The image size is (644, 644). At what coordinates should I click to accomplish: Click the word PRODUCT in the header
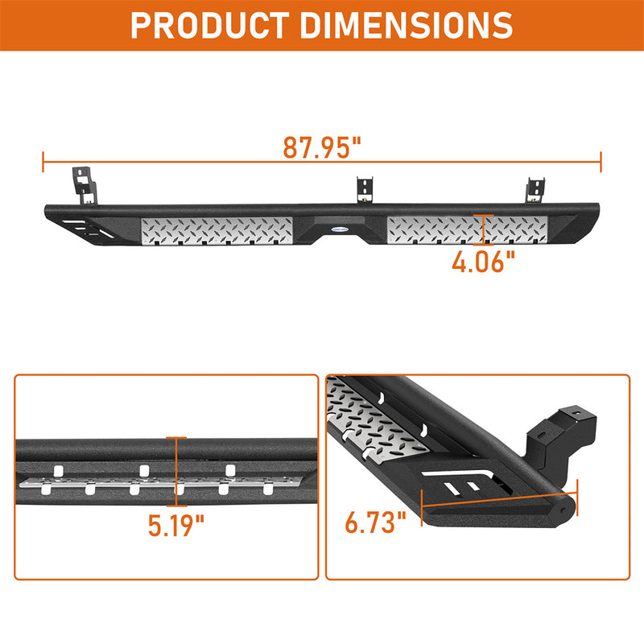point(216,26)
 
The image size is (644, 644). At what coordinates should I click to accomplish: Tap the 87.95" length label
point(322,147)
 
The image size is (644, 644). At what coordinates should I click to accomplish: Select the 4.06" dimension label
point(482,262)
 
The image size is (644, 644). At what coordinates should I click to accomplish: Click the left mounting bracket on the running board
point(84,184)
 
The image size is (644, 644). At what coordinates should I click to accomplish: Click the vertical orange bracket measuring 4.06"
point(483,229)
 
